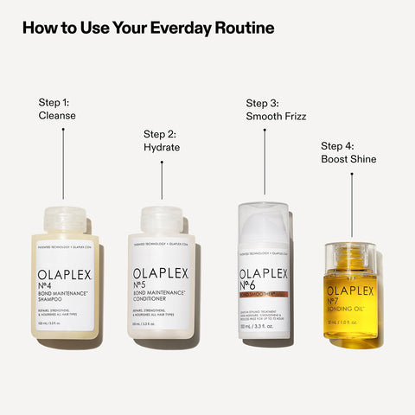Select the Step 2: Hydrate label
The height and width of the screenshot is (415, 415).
point(162,140)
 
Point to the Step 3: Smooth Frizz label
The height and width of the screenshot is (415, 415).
point(276,108)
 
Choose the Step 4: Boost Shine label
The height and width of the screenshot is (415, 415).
point(348,152)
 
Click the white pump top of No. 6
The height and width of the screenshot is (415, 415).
point(265,221)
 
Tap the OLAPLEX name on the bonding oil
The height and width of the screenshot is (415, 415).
point(350,292)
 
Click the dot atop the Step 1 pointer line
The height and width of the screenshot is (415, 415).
point(63,130)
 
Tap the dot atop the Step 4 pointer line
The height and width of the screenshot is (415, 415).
point(351,174)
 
